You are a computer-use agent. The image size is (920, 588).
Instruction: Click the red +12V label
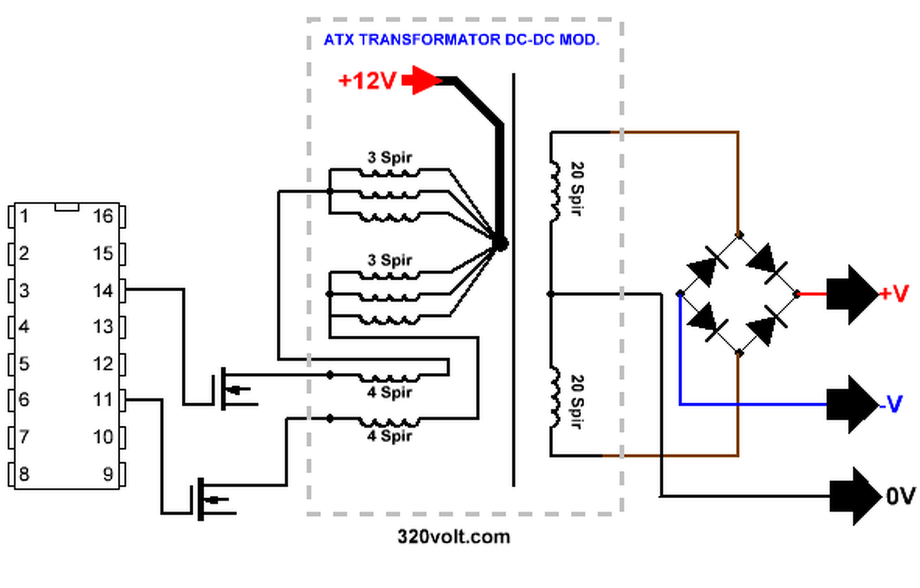click(x=367, y=81)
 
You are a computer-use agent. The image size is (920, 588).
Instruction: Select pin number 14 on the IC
click(x=103, y=290)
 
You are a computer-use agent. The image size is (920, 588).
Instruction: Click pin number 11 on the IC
click(x=103, y=400)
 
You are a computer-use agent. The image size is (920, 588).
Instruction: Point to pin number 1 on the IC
click(x=24, y=216)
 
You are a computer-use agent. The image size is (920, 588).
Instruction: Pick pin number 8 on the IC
click(x=24, y=474)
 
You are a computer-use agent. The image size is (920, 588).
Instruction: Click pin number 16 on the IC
click(x=103, y=216)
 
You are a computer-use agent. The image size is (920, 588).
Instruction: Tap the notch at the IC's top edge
click(x=67, y=207)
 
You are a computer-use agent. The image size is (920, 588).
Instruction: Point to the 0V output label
click(x=900, y=496)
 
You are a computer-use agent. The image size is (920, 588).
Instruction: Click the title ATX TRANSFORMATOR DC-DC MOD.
click(x=461, y=40)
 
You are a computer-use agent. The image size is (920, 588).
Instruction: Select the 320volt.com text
click(x=454, y=536)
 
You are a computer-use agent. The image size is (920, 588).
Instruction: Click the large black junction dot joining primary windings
click(x=500, y=244)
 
